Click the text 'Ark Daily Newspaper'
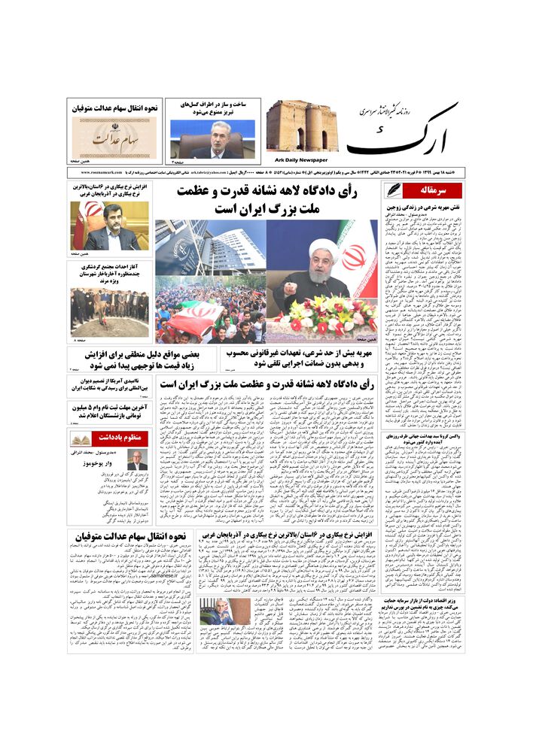point(300,159)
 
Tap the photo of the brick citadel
point(300,126)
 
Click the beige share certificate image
point(115,135)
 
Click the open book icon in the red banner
point(79,438)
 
